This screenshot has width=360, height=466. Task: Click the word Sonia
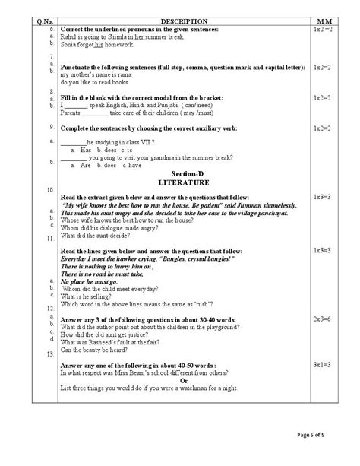click(69, 43)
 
